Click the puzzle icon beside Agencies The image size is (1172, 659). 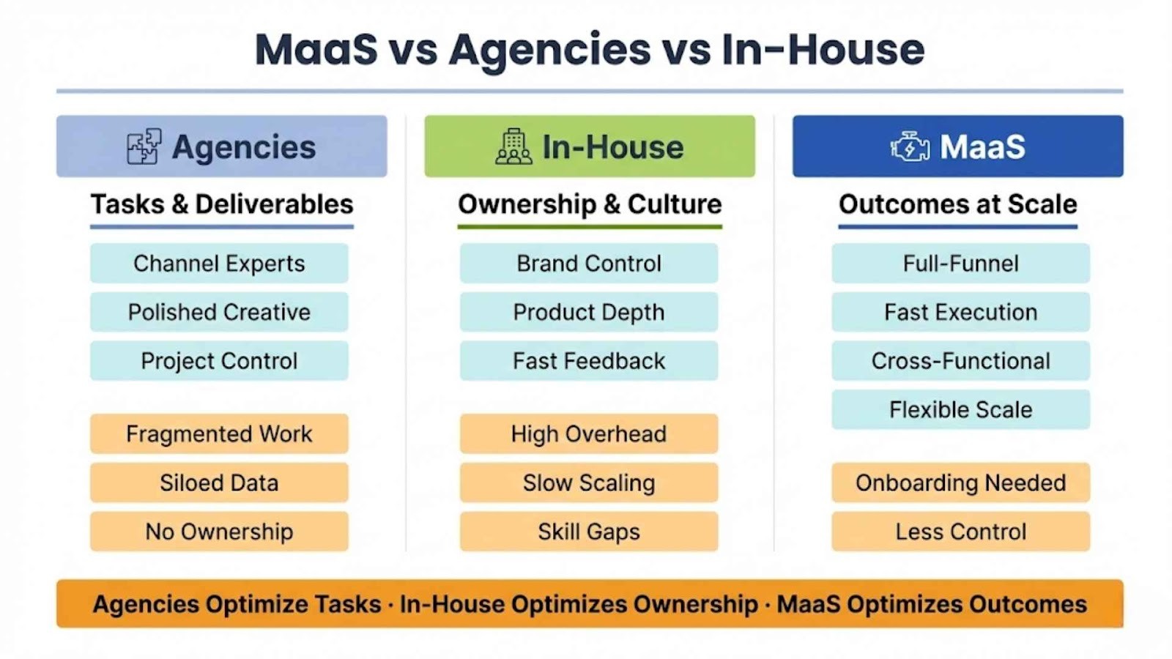[x=144, y=146]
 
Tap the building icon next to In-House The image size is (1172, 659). [x=513, y=146]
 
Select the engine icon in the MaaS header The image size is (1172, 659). [x=910, y=146]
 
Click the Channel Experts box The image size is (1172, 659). [x=219, y=263]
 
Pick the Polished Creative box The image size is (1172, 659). [x=219, y=312]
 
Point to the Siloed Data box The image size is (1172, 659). [x=219, y=483]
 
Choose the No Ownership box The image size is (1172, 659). [x=219, y=532]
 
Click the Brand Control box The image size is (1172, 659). [x=589, y=263]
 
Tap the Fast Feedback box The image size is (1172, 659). [x=589, y=360]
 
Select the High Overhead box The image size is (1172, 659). [x=589, y=433]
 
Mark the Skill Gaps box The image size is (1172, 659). [x=589, y=532]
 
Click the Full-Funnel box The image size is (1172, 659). [x=961, y=263]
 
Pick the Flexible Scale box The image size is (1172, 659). [x=961, y=409]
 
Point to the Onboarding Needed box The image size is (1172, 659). [x=961, y=483]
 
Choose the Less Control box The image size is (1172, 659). [x=961, y=532]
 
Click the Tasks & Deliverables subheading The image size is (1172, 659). [x=222, y=204]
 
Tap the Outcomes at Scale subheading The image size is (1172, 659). [x=958, y=204]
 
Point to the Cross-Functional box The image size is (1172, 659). [x=961, y=360]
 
